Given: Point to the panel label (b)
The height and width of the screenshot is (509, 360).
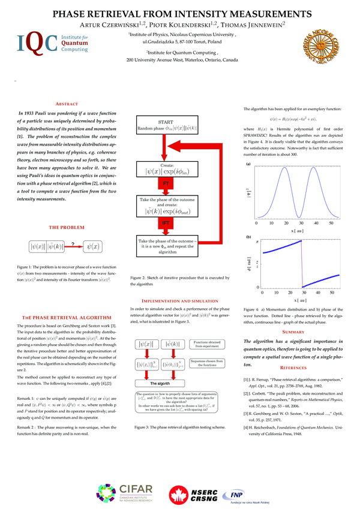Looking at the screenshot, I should coord(248,237).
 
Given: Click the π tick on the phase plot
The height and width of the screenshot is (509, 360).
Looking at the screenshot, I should coord(257,241).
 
